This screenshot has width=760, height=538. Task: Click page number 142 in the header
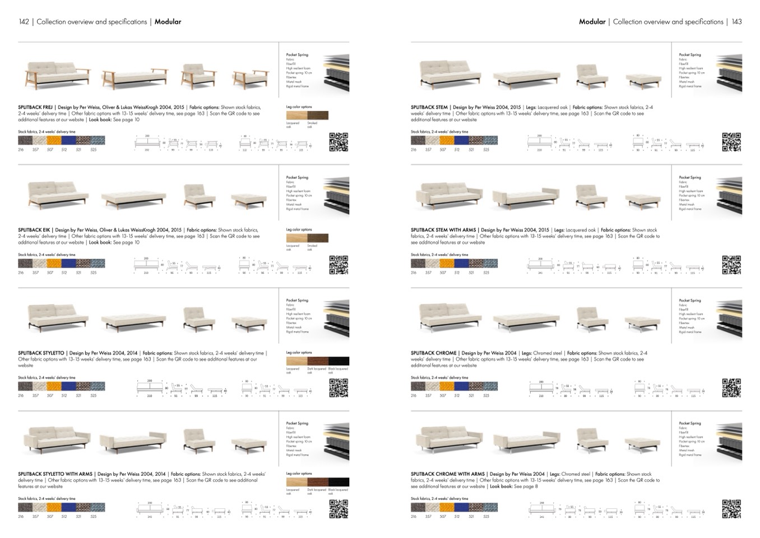point(24,22)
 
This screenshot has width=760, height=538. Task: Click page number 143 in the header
point(736,22)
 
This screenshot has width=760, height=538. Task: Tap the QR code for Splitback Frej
point(339,142)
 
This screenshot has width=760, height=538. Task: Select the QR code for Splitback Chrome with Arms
point(731,509)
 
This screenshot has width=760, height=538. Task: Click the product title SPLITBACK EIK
point(34,230)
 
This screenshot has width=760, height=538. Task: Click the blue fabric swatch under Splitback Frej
point(68,140)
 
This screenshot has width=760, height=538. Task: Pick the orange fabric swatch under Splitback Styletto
point(54,387)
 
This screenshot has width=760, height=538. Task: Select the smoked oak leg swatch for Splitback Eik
point(318,238)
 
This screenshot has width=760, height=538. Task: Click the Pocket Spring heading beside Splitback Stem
point(689,55)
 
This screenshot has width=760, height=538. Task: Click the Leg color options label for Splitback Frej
point(299,107)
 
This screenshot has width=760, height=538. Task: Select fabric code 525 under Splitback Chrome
point(486,396)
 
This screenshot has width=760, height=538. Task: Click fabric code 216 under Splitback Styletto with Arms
point(21,517)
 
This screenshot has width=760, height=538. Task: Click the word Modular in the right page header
point(592,22)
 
